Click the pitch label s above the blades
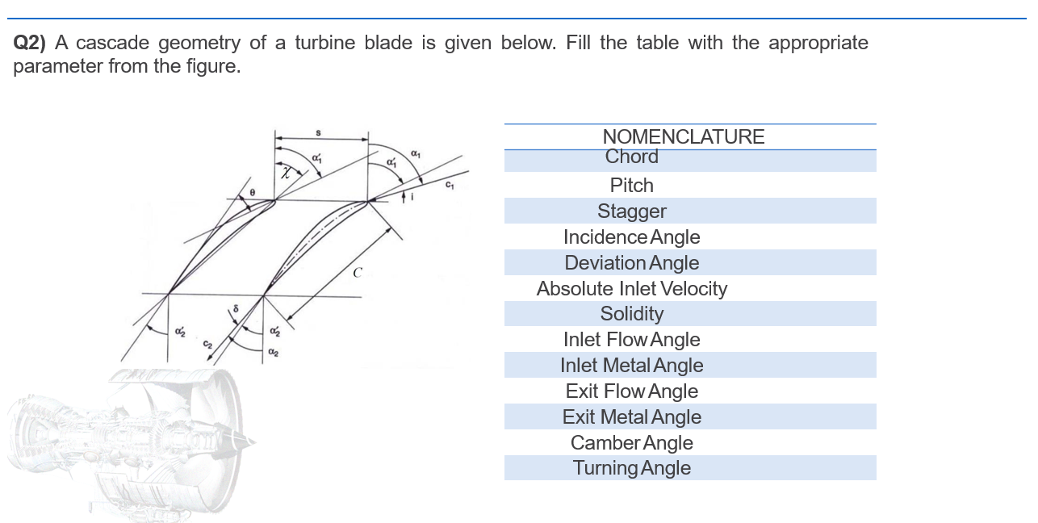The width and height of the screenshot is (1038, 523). click(x=318, y=132)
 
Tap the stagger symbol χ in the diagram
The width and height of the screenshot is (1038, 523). click(x=286, y=171)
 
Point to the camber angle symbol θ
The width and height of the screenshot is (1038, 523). click(x=252, y=193)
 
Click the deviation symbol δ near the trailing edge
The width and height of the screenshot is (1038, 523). click(x=236, y=308)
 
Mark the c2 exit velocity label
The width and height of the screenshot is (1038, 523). click(x=207, y=344)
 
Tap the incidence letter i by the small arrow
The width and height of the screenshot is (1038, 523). click(x=414, y=199)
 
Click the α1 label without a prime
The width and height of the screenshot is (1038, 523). click(x=416, y=153)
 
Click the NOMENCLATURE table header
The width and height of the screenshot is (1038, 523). click(x=684, y=136)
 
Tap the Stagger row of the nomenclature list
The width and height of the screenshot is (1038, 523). click(x=632, y=211)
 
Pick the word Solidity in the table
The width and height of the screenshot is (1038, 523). click(x=632, y=314)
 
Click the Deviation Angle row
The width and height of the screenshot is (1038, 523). click(x=632, y=263)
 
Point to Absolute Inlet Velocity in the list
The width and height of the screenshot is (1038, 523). click(x=632, y=289)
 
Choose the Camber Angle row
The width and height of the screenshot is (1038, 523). click(x=632, y=443)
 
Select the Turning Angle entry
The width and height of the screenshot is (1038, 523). click(x=632, y=468)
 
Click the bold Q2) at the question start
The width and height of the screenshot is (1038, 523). click(x=30, y=43)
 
